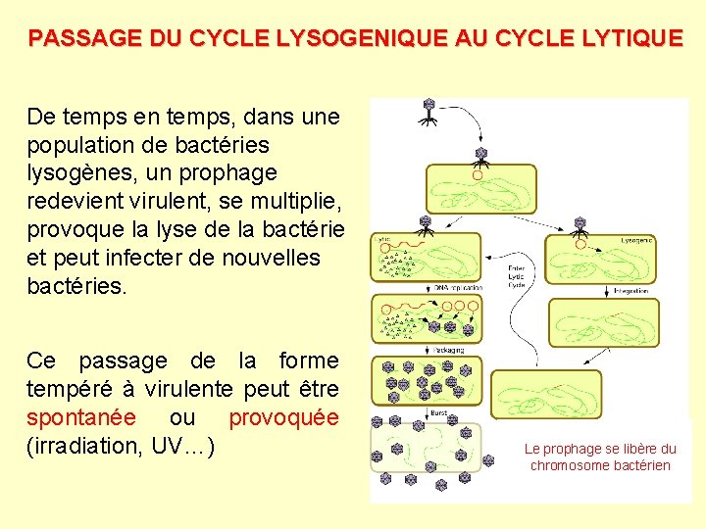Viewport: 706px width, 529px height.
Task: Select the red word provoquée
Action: [x=283, y=417]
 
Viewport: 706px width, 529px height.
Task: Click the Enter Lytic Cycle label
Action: [x=517, y=276]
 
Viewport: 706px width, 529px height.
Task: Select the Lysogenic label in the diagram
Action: [x=637, y=239]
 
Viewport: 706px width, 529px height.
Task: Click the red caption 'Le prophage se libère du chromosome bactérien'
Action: [x=600, y=457]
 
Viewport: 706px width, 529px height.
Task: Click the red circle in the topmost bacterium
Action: [x=478, y=176]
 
